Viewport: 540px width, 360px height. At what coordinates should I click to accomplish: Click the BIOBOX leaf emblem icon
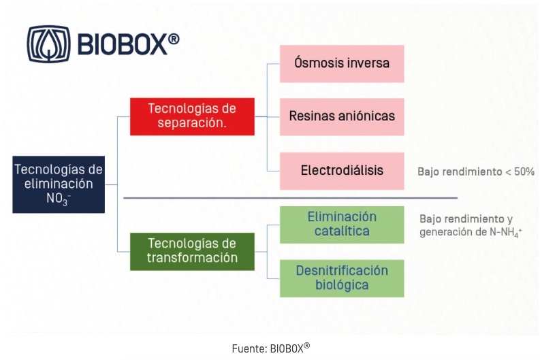[48, 44]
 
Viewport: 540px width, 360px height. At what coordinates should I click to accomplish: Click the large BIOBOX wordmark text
[123, 44]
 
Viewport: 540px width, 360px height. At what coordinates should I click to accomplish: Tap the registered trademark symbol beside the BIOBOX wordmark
[174, 39]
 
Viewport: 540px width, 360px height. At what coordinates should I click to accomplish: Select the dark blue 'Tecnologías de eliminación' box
[59, 184]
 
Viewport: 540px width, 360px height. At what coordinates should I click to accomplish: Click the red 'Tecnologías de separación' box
[192, 116]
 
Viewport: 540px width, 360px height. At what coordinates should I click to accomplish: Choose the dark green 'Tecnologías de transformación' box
[192, 251]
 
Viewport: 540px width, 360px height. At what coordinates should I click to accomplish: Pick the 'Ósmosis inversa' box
[342, 64]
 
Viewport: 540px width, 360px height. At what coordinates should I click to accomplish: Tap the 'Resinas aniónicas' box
[342, 116]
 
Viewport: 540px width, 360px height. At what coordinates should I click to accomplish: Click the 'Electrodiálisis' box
[342, 171]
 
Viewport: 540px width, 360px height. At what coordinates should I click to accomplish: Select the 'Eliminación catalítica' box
[342, 225]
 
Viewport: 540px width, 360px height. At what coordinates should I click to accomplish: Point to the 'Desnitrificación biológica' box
[342, 278]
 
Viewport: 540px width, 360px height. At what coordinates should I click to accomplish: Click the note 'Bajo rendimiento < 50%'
[476, 171]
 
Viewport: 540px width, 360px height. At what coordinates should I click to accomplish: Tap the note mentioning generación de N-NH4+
[471, 225]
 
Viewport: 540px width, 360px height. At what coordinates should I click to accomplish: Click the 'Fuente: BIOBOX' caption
[271, 348]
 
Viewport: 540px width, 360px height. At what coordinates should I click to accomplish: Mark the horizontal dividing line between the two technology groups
[290, 198]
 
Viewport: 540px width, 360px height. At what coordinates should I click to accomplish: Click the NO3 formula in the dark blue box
[59, 199]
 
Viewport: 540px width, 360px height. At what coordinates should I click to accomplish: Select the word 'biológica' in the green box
[342, 285]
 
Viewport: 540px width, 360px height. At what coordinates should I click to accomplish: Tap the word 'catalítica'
[342, 231]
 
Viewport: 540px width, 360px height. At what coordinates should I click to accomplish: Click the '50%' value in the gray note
[524, 171]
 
